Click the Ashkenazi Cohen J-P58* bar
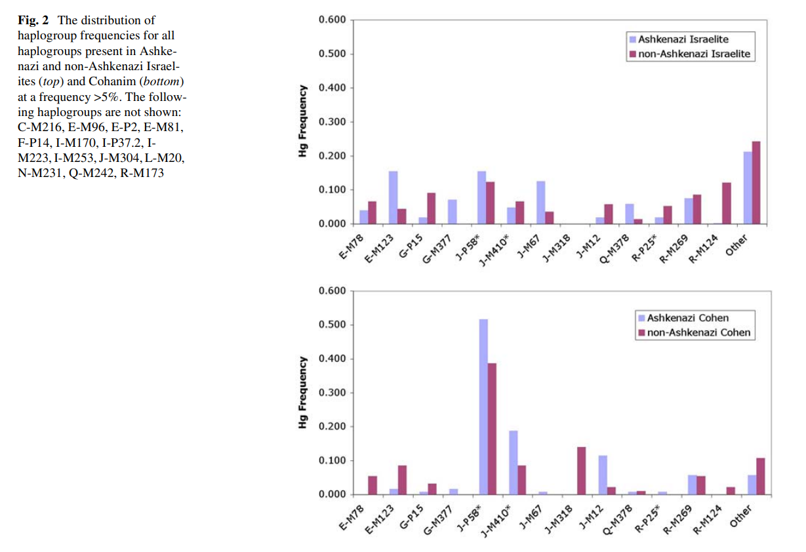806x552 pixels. click(x=483, y=406)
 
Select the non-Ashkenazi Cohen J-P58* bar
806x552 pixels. click(x=492, y=429)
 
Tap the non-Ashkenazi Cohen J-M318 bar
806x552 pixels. click(x=581, y=471)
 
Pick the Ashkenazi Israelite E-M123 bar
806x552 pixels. click(x=393, y=197)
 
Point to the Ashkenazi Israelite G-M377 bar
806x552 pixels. click(x=453, y=212)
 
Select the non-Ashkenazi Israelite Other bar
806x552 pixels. click(x=756, y=183)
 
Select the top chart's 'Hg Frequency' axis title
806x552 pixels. click(x=302, y=121)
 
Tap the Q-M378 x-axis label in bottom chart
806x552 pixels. click(x=615, y=521)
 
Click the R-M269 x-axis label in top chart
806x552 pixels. click(x=674, y=250)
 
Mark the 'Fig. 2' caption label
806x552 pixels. click(x=33, y=21)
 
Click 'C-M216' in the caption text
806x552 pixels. click(x=37, y=127)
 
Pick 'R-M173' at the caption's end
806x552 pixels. click(x=142, y=174)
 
